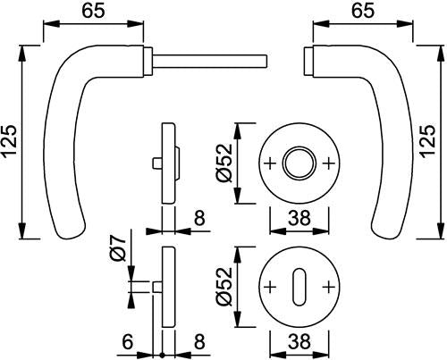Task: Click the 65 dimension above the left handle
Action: pyautogui.click(x=94, y=12)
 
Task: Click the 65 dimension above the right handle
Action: pyautogui.click(x=363, y=12)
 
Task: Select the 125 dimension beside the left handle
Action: pyautogui.click(x=9, y=141)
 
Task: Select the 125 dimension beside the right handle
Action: pyautogui.click(x=428, y=140)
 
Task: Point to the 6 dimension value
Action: pyautogui.click(x=128, y=342)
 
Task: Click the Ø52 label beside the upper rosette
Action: pyautogui.click(x=224, y=163)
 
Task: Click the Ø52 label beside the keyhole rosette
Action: pyautogui.click(x=224, y=287)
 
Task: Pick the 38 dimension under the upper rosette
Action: pyautogui.click(x=299, y=218)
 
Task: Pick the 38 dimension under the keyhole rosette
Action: pyautogui.click(x=299, y=341)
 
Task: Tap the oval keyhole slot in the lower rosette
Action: pyautogui.click(x=299, y=287)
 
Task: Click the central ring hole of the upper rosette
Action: pyautogui.click(x=299, y=163)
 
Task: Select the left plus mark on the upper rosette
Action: pyautogui.click(x=270, y=163)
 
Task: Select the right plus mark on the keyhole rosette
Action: pyautogui.click(x=329, y=287)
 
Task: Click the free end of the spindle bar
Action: pyautogui.click(x=266, y=61)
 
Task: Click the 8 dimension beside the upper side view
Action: pyautogui.click(x=199, y=218)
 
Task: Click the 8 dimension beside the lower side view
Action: pyautogui.click(x=199, y=342)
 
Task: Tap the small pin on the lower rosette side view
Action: pyautogui.click(x=157, y=288)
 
